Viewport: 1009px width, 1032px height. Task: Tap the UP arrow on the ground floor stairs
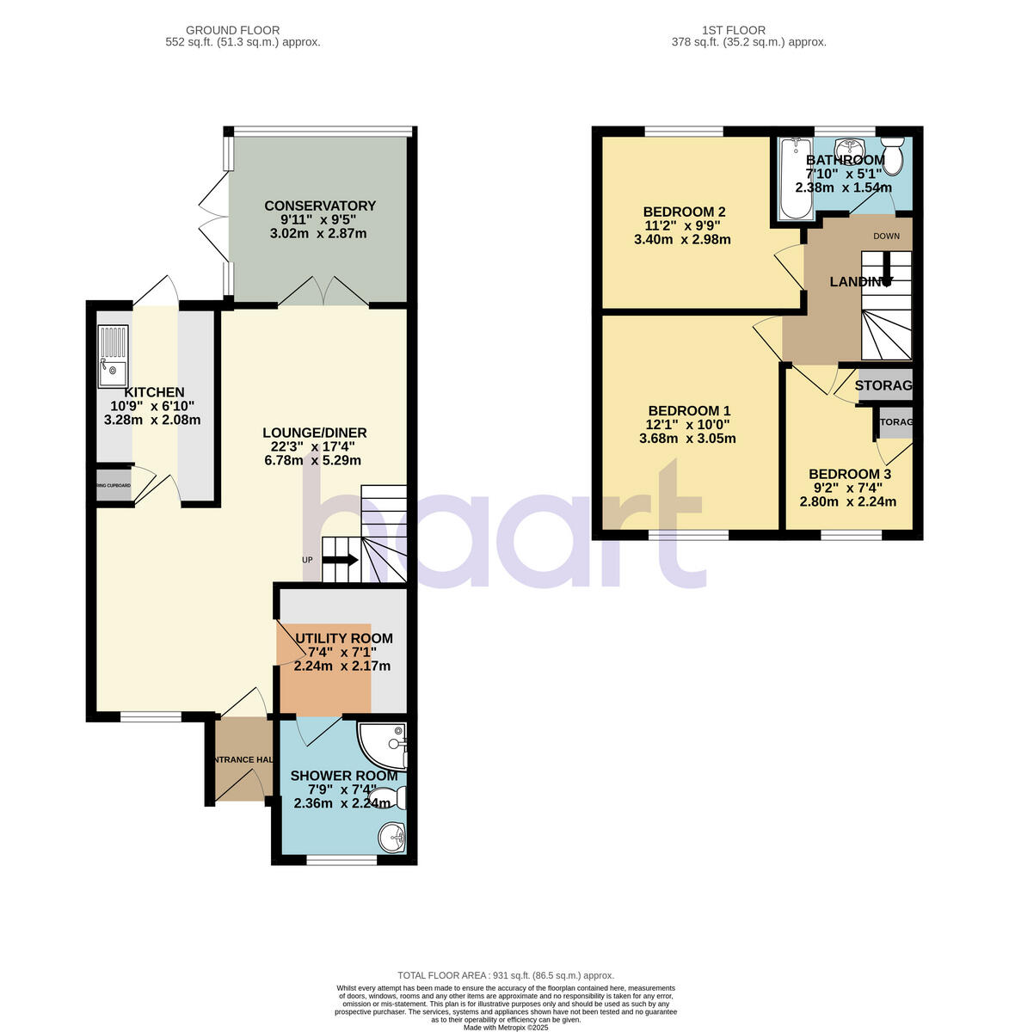click(x=340, y=561)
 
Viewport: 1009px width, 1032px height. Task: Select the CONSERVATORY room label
click(x=319, y=206)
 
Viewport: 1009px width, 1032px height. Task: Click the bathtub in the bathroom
click(x=791, y=178)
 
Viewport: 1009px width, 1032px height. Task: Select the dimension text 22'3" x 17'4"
click(x=312, y=446)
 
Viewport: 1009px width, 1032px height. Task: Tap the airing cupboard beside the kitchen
click(x=114, y=486)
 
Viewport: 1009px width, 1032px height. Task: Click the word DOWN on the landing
click(x=887, y=236)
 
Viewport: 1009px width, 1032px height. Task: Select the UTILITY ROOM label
click(x=343, y=638)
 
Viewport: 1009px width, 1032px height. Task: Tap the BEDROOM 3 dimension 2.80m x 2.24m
click(x=848, y=502)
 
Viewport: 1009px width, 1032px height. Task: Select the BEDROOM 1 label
click(x=689, y=410)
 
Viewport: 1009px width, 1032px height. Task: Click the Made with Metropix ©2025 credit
click(x=505, y=1027)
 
